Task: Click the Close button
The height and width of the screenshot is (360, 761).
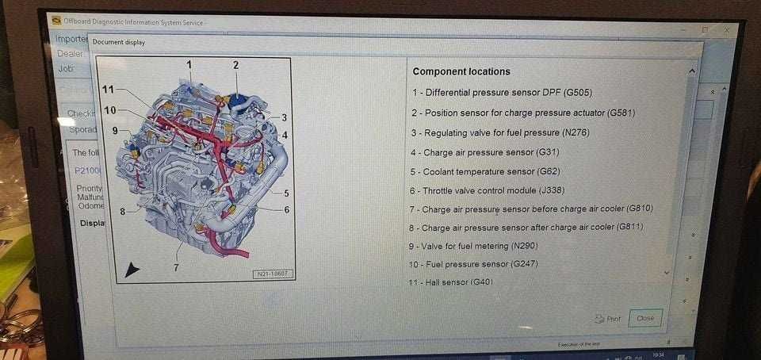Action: (x=645, y=318)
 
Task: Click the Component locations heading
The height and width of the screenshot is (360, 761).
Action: (x=461, y=71)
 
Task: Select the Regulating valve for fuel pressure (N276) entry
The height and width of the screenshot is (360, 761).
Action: (x=511, y=132)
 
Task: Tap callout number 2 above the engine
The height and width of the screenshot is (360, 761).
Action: (x=235, y=65)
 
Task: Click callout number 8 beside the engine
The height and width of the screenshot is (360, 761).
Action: (x=123, y=211)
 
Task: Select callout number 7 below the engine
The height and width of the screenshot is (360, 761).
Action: (x=176, y=267)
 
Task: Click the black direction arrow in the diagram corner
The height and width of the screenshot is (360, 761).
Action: (x=132, y=270)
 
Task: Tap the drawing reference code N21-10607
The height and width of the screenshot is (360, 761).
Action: (x=273, y=274)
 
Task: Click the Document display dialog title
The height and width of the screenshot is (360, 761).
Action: (x=119, y=42)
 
